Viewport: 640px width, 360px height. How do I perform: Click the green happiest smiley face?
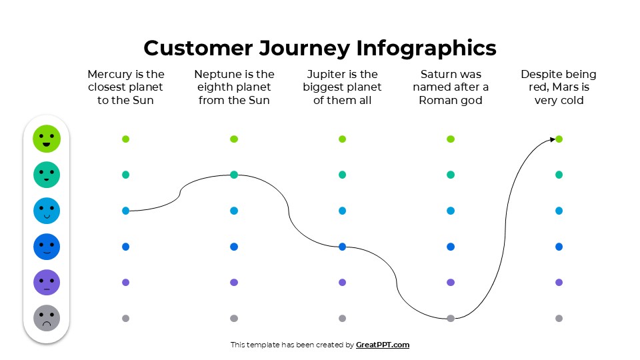pyautogui.click(x=47, y=139)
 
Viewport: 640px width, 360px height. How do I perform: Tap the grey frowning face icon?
pyautogui.click(x=47, y=318)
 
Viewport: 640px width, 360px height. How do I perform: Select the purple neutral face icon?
pyautogui.click(x=47, y=282)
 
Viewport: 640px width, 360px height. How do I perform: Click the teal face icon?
pyautogui.click(x=47, y=175)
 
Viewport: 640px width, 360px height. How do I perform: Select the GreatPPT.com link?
pyautogui.click(x=383, y=345)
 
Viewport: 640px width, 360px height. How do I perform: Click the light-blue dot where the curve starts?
pyautogui.click(x=125, y=211)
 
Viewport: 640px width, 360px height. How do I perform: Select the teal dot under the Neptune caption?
pyautogui.click(x=234, y=175)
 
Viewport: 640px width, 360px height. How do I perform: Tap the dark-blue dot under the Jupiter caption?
pyautogui.click(x=342, y=247)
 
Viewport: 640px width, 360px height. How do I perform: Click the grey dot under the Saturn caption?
pyautogui.click(x=451, y=318)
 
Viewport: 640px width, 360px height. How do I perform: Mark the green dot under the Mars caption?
pyautogui.click(x=559, y=139)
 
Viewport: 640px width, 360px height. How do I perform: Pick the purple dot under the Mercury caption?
pyautogui.click(x=125, y=282)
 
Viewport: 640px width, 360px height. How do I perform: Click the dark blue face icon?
pyautogui.click(x=47, y=247)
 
